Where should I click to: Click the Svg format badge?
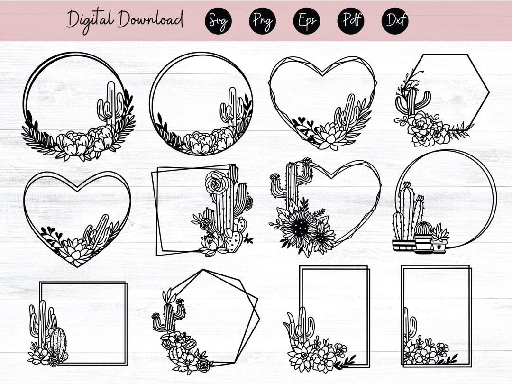(x=218, y=21)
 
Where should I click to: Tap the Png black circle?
(x=262, y=21)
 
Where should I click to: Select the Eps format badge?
(x=306, y=21)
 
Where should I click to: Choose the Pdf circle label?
(x=350, y=21)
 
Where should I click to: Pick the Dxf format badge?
(x=394, y=21)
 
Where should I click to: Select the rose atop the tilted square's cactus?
(x=217, y=183)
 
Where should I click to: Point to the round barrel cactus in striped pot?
(x=423, y=229)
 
